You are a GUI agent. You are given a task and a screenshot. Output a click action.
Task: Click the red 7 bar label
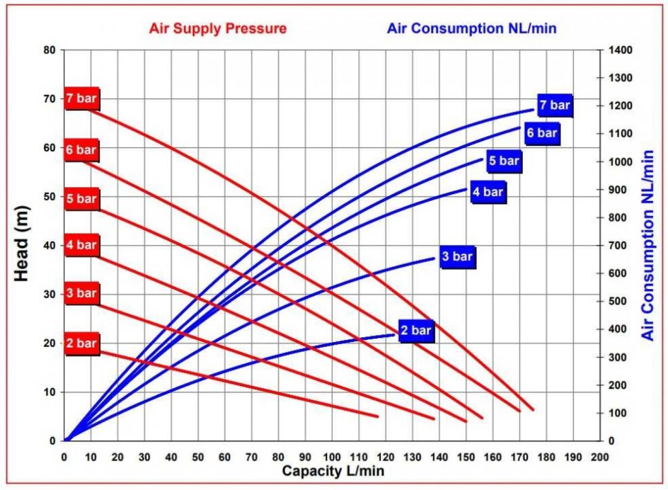point(82,98)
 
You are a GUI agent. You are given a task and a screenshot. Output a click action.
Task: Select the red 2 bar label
point(82,343)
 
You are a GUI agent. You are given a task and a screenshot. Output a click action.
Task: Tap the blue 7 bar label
point(555,105)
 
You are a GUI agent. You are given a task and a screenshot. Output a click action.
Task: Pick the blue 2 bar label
point(416,330)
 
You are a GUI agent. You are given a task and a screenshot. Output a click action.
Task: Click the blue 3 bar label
point(457,256)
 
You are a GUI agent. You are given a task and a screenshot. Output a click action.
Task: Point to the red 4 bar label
point(82,245)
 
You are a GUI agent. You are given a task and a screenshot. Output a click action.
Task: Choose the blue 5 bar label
point(504,161)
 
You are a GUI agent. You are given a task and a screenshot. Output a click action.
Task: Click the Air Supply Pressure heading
point(218,28)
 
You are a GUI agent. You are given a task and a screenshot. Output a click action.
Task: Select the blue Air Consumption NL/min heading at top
point(472,28)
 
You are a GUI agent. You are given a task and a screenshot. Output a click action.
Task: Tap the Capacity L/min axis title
point(333,471)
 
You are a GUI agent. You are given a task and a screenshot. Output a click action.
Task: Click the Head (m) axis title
point(22,244)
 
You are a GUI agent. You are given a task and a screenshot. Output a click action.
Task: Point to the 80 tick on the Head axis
point(50,50)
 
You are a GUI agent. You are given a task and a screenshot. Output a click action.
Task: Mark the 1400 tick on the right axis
point(620,50)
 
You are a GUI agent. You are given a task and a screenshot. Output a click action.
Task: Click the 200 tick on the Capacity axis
point(599,457)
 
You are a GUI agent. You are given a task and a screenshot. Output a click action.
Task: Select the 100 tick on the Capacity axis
point(332,457)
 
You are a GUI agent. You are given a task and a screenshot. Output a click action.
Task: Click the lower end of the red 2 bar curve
point(377,416)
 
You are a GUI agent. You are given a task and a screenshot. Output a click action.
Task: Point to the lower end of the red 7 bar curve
point(533,409)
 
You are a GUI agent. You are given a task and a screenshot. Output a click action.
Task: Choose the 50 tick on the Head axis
point(50,196)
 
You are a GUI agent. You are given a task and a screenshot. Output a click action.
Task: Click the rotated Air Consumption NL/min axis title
point(648,245)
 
